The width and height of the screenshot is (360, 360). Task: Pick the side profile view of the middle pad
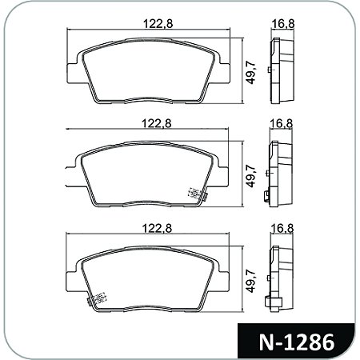(281, 174)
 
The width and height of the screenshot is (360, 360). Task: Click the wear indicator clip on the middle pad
(194, 194)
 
